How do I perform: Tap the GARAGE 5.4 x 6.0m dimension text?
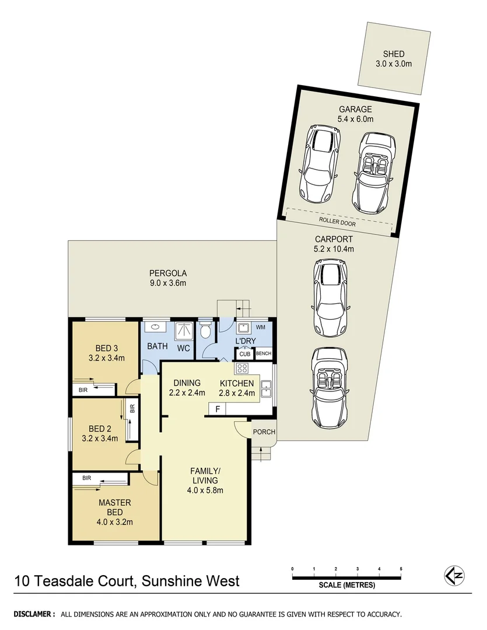point(355,119)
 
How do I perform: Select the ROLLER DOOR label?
point(337,223)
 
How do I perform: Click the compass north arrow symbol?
point(455,575)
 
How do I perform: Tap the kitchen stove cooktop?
point(242,369)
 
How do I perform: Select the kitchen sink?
point(266,387)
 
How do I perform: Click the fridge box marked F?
point(218,409)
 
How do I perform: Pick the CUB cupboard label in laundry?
point(243,354)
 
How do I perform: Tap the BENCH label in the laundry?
point(263,354)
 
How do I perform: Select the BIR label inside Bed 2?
point(132,409)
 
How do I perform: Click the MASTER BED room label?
point(115,508)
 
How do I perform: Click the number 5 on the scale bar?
point(401,568)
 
